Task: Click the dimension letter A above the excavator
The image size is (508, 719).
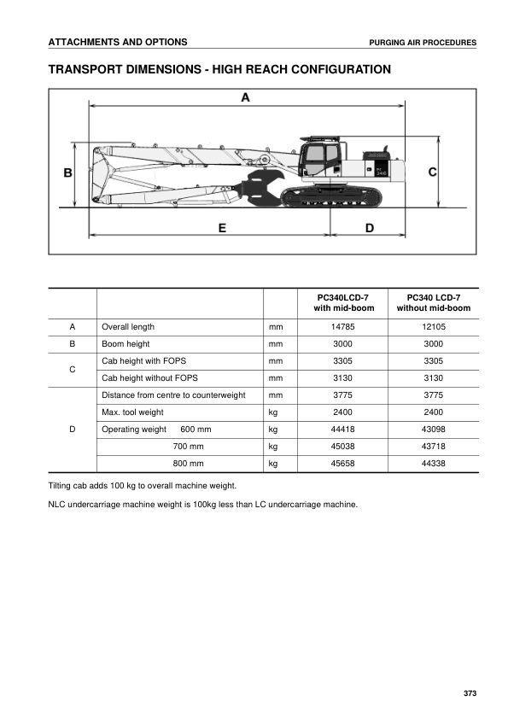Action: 245,98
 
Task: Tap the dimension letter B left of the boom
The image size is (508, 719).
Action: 68,173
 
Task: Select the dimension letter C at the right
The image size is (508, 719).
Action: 432,172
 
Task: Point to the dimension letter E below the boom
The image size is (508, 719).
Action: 221,228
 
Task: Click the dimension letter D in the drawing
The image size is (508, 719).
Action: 369,228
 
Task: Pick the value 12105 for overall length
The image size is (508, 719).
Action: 433,326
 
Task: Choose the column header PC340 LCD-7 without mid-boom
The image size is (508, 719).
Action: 433,302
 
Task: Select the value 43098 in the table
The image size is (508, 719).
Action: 433,429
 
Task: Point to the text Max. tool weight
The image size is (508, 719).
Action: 132,412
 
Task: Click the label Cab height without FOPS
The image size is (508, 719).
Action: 149,377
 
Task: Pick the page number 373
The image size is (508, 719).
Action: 470,692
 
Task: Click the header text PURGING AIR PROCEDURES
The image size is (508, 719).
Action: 423,43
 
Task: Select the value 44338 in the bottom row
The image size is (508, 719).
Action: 433,463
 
